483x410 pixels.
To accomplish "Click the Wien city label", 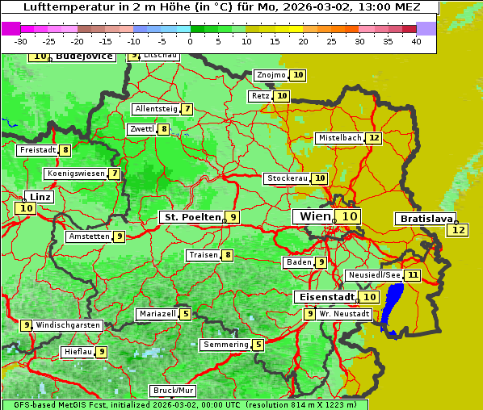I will point(314,216).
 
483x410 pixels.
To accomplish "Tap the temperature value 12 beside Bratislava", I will point(458,230).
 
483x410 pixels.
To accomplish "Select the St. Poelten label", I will point(191,217).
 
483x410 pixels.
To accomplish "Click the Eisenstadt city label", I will point(325,297).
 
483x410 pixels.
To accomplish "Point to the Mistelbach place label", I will point(339,138).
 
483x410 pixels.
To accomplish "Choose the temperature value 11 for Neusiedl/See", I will point(413,275).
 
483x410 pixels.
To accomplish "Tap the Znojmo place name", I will point(271,75).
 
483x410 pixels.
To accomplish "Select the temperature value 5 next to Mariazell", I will point(186,314).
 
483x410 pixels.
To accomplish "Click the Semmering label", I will point(225,345).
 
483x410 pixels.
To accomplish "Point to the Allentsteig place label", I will point(156,109).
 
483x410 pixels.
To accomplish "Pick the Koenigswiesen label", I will point(75,174).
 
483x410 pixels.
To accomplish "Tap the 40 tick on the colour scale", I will point(416,41).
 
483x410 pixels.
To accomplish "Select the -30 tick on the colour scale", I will point(21,41).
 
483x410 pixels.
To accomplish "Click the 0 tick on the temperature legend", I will point(190,41).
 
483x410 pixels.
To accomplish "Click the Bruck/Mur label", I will point(173,391).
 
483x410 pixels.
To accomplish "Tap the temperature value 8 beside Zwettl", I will point(164,129).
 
